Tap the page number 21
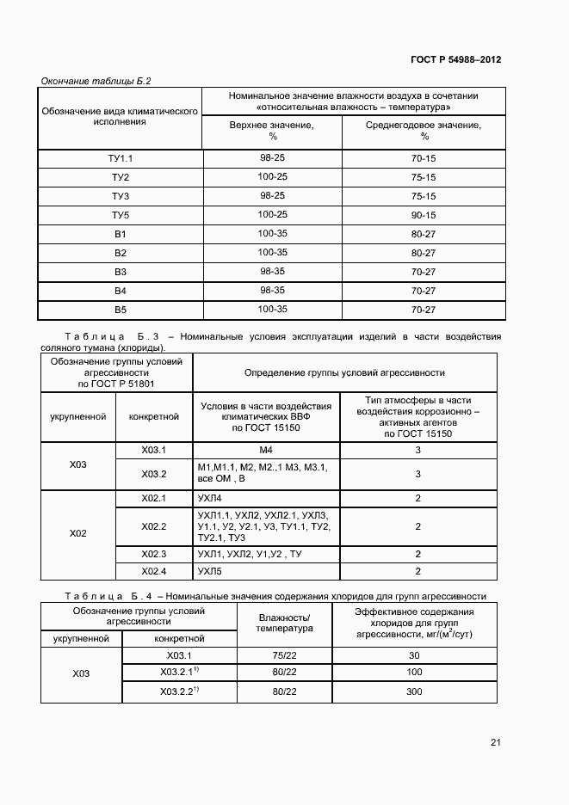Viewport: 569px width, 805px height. (x=495, y=742)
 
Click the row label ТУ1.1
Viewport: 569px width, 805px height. (x=121, y=158)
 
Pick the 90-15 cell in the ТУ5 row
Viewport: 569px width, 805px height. (x=424, y=215)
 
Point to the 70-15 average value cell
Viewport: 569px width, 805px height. (x=424, y=158)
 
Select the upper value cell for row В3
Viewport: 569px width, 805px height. (x=272, y=271)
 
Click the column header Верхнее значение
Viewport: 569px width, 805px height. (x=272, y=130)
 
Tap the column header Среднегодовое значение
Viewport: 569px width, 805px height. (x=424, y=130)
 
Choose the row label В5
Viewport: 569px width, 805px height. (x=121, y=310)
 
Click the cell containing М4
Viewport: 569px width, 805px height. (x=265, y=450)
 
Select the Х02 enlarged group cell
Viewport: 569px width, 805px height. (x=78, y=533)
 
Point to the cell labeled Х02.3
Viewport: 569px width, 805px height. (x=153, y=554)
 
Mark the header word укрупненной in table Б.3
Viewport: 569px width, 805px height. (x=78, y=417)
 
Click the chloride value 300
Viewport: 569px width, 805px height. (x=414, y=691)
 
